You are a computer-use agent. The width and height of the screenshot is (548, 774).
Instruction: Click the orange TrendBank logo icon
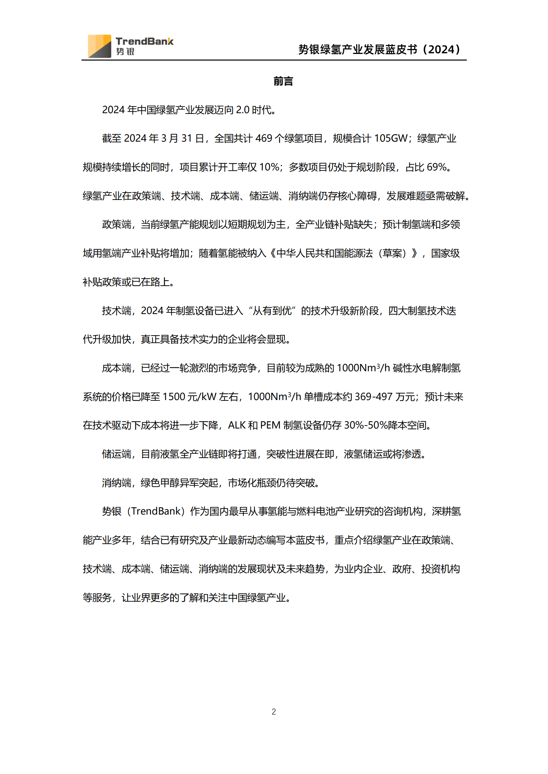[x=99, y=46]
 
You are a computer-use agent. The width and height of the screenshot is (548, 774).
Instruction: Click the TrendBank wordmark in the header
[x=144, y=41]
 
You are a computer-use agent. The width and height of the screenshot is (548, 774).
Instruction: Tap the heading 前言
[x=283, y=81]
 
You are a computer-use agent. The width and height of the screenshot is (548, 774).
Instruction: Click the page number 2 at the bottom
[x=274, y=711]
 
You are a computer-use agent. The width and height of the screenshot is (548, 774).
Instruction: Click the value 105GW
[x=391, y=139]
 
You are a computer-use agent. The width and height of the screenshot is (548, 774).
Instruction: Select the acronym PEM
[x=270, y=426]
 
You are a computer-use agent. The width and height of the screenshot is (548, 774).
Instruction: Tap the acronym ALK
[x=237, y=426]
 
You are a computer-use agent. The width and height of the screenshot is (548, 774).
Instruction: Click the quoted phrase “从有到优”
[x=272, y=311]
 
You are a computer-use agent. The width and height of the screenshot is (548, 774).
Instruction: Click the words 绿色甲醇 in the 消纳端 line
[x=160, y=483]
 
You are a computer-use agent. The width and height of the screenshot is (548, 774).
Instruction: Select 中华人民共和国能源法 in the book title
[x=325, y=253]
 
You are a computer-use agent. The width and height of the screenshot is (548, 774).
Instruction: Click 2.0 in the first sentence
[x=242, y=110]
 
